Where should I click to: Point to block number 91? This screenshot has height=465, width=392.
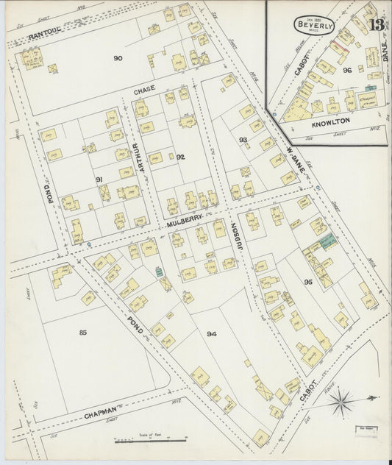[98, 179]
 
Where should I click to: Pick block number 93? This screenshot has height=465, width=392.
[243, 138]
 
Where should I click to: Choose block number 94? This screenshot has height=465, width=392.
[212, 334]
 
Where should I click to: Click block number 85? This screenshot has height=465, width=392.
[83, 333]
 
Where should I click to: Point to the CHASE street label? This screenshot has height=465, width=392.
[144, 90]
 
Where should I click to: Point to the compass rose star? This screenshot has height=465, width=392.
[341, 402]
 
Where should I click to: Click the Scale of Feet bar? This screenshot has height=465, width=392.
[149, 440]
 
